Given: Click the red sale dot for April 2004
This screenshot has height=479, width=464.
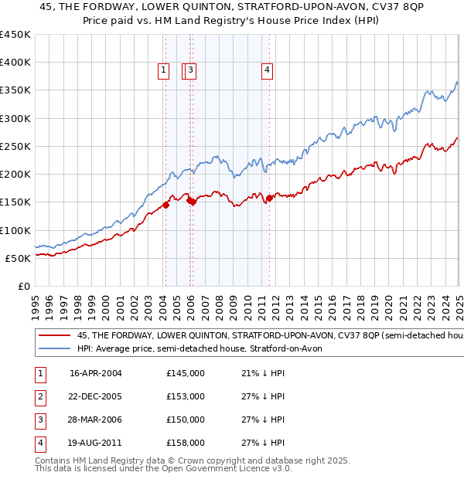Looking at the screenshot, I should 165,205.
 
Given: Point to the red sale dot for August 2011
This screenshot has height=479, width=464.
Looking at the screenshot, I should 269,198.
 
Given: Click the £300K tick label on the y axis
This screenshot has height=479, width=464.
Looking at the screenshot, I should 15,118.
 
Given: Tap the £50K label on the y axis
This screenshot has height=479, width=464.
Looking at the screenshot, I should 19,258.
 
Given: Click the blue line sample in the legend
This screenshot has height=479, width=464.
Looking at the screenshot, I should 56,348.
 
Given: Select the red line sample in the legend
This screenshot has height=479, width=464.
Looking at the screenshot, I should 56,336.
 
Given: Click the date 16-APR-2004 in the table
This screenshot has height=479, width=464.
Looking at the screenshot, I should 96,373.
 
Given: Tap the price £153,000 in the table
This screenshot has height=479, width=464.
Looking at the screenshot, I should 186,396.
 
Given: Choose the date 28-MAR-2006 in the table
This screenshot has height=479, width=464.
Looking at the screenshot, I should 96,420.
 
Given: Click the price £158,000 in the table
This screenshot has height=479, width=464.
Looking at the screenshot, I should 186,443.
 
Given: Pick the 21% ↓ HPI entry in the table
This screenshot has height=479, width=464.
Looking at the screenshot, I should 258,373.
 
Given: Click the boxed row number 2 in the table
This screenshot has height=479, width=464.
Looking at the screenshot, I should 39,396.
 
